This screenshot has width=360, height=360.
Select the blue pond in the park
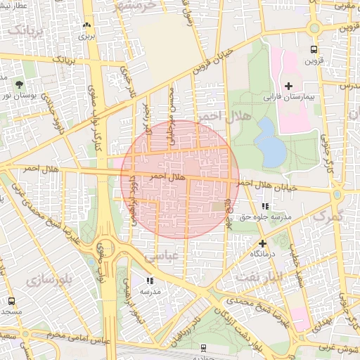269,141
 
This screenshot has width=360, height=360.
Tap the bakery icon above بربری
87,24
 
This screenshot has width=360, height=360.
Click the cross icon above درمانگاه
263,242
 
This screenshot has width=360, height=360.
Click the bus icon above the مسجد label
11,301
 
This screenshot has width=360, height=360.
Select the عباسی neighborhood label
161,258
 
